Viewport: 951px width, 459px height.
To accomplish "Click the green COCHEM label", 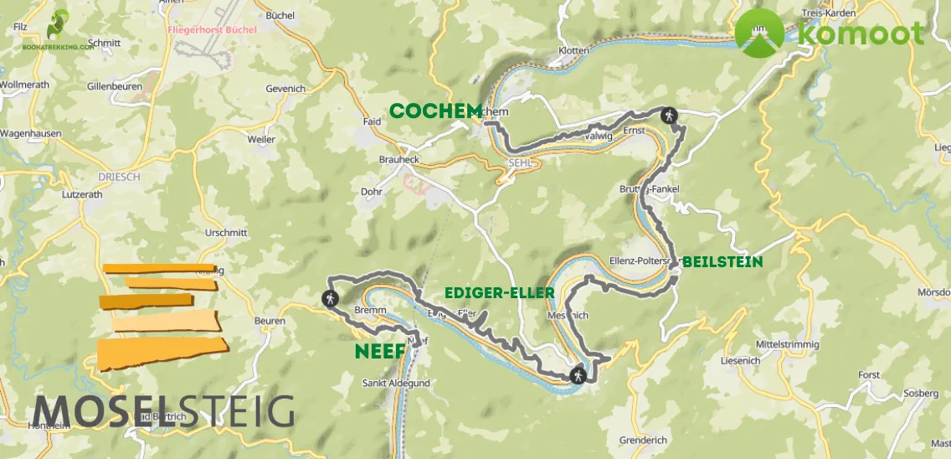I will (435, 111).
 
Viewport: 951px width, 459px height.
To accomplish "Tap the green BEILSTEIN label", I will (722, 262).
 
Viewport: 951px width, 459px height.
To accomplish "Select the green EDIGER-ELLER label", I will (500, 292).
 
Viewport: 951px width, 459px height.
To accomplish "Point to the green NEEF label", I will (380, 351).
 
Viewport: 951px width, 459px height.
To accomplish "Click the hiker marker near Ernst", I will (668, 116).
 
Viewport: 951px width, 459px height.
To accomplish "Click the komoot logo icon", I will (760, 34).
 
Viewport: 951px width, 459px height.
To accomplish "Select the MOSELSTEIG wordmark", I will (164, 411).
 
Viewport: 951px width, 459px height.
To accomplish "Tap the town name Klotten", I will (573, 51).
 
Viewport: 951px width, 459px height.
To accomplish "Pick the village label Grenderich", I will (642, 441).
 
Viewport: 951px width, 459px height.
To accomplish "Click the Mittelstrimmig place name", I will (787, 344).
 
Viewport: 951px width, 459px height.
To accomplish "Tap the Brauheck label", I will (398, 159).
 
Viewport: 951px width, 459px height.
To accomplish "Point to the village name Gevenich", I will (285, 88).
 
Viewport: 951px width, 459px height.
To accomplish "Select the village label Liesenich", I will (742, 361).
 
